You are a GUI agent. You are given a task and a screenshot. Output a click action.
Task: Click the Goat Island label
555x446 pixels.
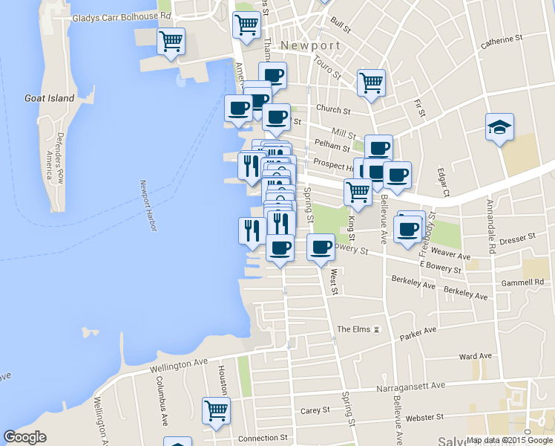point(50,98)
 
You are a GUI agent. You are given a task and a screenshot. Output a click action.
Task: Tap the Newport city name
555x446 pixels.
point(311,45)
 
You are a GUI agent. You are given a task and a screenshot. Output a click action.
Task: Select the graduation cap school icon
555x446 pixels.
point(499,126)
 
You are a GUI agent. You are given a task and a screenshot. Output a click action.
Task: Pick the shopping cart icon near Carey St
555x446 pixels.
point(216,410)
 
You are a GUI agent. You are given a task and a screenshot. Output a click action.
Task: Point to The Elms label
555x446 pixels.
point(354,329)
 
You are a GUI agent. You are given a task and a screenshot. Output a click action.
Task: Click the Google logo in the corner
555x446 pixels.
point(24,437)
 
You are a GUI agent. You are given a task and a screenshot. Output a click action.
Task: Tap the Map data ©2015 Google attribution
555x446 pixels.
point(510,440)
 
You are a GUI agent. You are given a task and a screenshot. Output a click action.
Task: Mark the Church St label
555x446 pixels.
point(333,110)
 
